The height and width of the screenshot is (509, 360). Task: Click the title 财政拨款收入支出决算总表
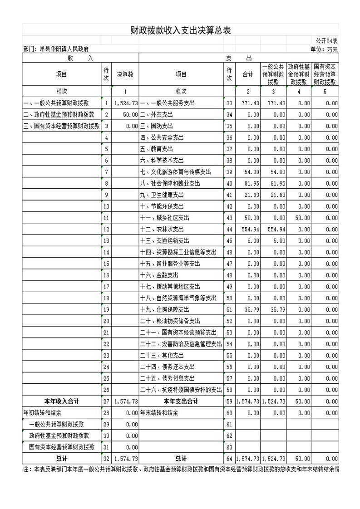click(x=180, y=30)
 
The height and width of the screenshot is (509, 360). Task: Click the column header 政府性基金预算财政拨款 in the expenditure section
click(x=299, y=75)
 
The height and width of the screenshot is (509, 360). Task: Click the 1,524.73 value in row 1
click(x=126, y=103)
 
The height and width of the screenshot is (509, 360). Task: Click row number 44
click(x=229, y=230)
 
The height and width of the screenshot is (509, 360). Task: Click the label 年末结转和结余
click(x=159, y=413)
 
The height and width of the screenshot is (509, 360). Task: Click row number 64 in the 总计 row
click(x=229, y=459)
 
